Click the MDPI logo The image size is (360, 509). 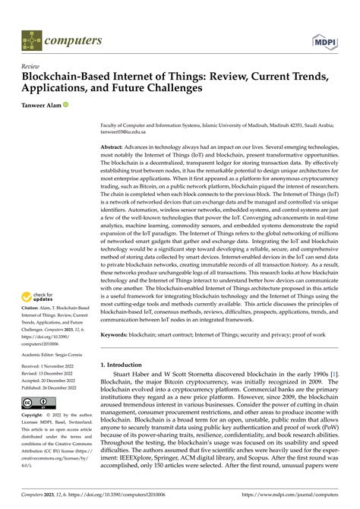[323, 37]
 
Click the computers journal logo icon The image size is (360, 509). [30, 38]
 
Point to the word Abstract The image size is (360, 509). [116, 147]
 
